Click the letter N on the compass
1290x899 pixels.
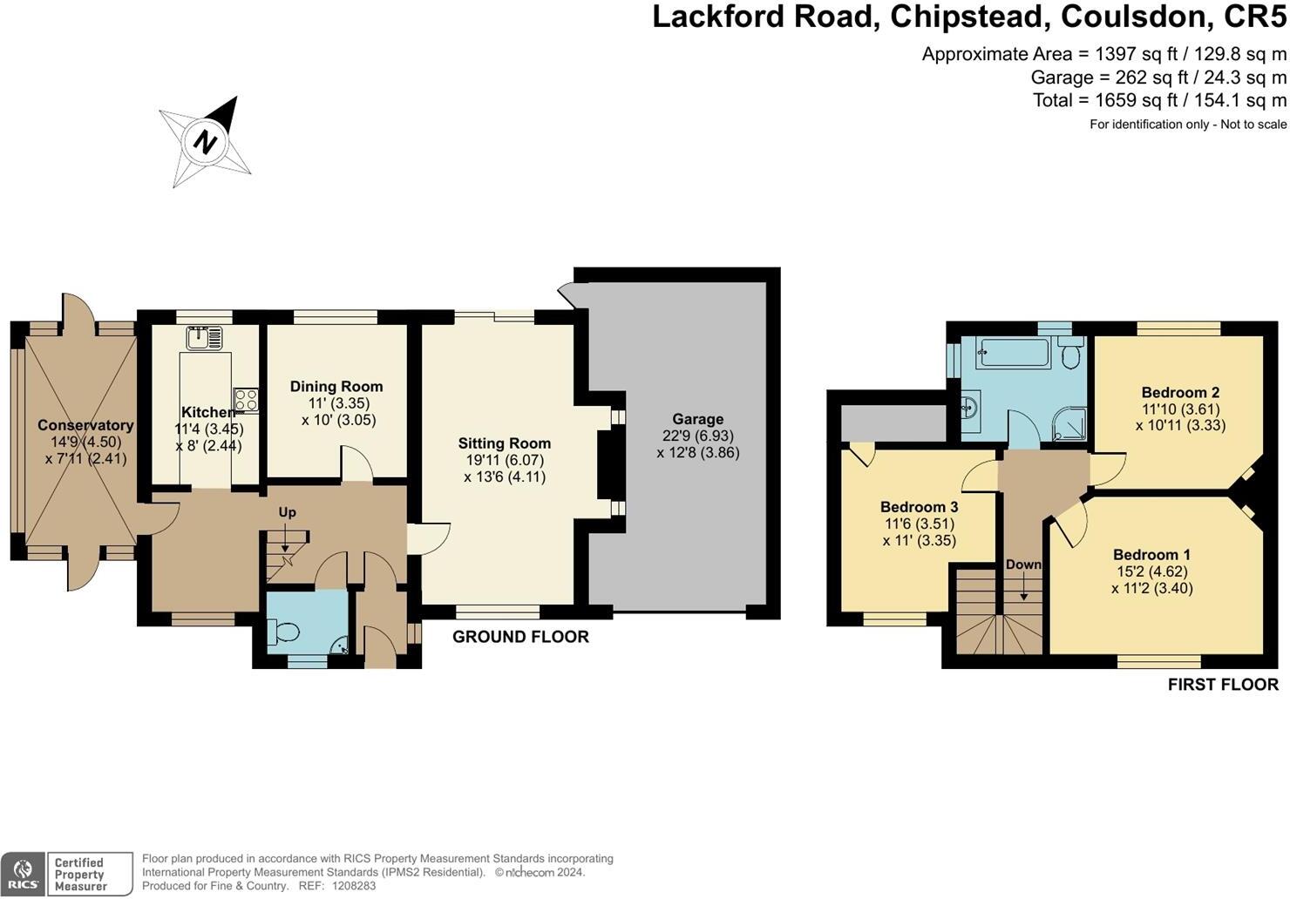[205, 141]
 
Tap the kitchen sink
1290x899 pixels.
[204, 338]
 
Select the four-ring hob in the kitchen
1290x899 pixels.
[246, 400]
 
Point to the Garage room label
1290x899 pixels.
[697, 419]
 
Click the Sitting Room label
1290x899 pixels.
[505, 443]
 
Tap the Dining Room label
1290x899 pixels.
[336, 386]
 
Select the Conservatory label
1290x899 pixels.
[85, 425]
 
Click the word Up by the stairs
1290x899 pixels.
[288, 512]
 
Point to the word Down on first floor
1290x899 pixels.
[1023, 564]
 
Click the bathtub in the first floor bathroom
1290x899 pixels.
[1015, 353]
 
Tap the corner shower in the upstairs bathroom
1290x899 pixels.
[1071, 424]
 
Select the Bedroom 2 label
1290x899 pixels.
[1180, 393]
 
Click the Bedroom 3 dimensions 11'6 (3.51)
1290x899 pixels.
[919, 524]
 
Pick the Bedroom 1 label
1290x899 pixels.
[1151, 555]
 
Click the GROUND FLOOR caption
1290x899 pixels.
[520, 637]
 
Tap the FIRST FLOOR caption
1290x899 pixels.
[1223, 685]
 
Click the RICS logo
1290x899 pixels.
[23, 874]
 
